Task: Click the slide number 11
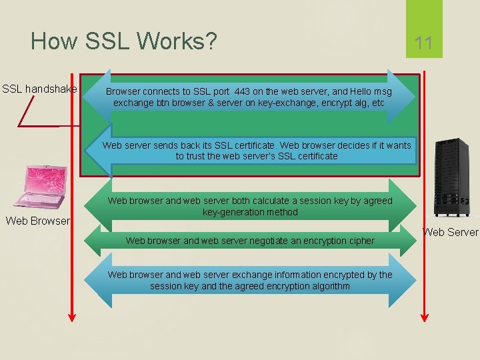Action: [x=424, y=44]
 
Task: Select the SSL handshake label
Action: [x=39, y=89]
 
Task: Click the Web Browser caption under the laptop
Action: [x=37, y=221]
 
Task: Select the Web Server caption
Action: [x=451, y=232]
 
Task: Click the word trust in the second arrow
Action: [x=191, y=156]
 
